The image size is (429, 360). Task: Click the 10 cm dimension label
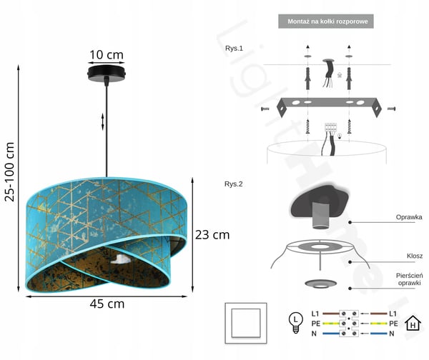tap(107, 55)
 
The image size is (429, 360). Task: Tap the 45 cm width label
tap(107, 304)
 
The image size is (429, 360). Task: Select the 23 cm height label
tap(212, 235)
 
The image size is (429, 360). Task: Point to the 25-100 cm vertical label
tap(9, 172)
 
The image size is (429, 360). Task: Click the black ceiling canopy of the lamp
tap(107, 73)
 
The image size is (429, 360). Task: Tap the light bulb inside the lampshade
tap(121, 259)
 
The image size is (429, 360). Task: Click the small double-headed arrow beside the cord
tap(102, 121)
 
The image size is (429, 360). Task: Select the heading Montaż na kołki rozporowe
tap(327, 21)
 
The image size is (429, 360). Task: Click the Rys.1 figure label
tap(234, 49)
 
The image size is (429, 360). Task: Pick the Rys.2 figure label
tap(233, 184)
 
